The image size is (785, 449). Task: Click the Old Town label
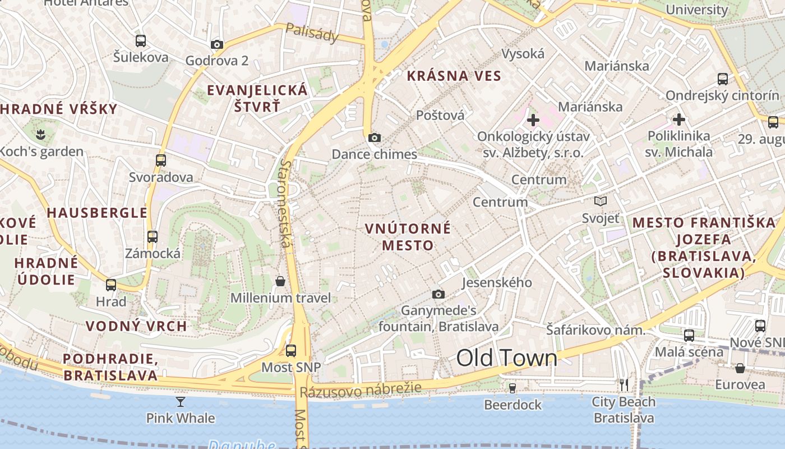tap(506, 358)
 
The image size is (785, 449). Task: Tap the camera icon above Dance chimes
tap(375, 138)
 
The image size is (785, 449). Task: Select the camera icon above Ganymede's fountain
tap(438, 294)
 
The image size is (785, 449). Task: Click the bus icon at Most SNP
tap(290, 351)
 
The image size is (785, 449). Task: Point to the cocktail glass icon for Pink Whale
tap(180, 401)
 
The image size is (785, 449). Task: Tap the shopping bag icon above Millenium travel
tap(280, 281)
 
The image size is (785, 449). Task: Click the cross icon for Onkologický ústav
tap(533, 120)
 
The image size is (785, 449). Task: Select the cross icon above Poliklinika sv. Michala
tap(679, 119)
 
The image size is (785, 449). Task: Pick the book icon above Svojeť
tap(601, 201)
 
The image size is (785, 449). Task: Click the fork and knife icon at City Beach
tap(624, 385)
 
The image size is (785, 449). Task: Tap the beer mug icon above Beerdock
tap(512, 388)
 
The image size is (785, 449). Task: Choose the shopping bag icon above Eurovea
tap(740, 368)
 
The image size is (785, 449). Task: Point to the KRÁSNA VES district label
tap(454, 76)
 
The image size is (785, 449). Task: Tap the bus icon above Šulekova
tap(141, 40)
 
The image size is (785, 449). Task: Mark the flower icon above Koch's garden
tap(40, 134)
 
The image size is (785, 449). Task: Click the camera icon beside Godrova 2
tap(217, 44)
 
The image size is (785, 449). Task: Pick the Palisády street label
tap(312, 33)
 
